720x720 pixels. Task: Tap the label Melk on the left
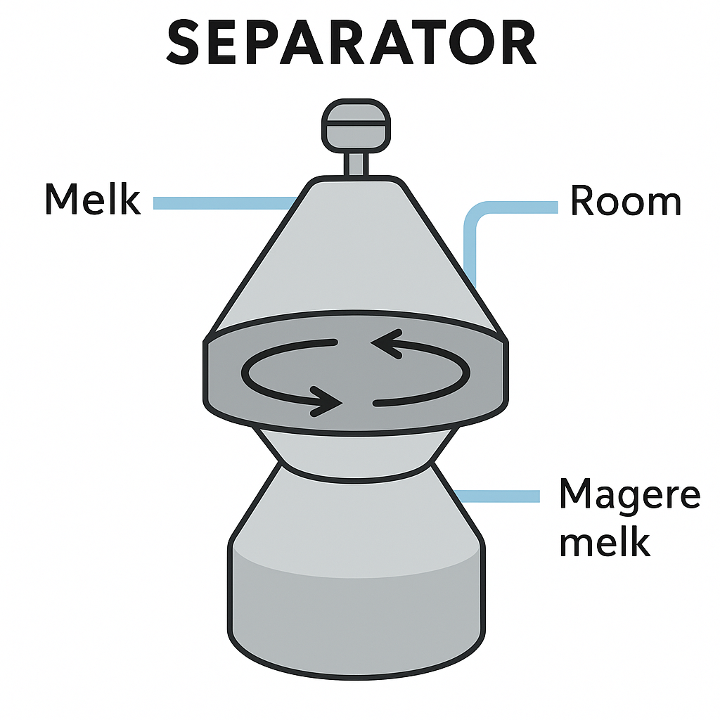92,200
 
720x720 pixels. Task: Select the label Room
625,202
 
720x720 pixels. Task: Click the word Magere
629,496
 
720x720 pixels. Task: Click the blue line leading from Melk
221,203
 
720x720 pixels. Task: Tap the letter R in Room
583,202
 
